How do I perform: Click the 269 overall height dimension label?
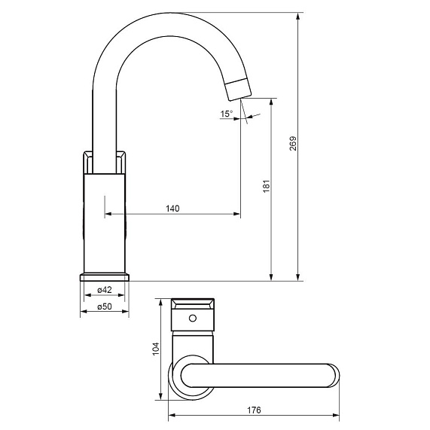pos(293,143)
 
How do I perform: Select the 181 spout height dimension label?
pos(267,187)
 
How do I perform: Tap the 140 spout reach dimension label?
pos(172,209)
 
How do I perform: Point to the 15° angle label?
pos(227,114)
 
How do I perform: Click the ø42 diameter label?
pos(105,290)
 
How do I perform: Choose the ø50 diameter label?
pos(105,306)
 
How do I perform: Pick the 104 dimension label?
pos(155,349)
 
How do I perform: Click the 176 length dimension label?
pos(254,410)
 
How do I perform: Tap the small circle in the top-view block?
pos(193,318)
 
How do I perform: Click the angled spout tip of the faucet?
pos(238,89)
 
